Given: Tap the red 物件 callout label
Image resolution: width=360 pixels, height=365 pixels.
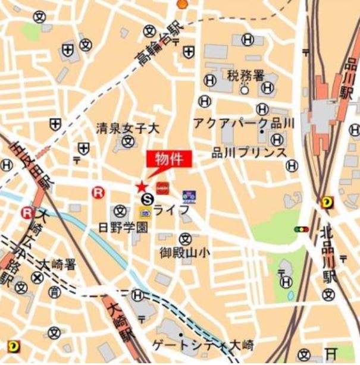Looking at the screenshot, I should pos(170,159).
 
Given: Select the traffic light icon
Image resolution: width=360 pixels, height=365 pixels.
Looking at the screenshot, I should pos(302,229).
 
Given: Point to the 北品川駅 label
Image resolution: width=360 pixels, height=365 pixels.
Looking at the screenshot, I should pos(327,253).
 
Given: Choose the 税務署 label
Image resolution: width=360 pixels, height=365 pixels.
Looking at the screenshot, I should pos(245,75).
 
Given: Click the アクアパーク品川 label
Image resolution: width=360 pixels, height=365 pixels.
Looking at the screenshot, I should pos(244,123).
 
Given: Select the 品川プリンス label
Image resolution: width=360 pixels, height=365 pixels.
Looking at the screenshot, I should pos(249,153).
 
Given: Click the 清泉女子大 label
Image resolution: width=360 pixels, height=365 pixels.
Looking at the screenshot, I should pos(129,127).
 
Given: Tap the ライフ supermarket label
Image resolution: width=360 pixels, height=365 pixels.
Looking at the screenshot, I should pos(172,210).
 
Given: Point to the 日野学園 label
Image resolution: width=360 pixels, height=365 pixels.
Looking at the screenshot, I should pos(123,227).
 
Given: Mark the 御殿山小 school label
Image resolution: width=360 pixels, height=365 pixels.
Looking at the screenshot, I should pos(185,253).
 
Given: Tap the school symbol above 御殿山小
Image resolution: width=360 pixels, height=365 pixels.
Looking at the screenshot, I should pos(185,238).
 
